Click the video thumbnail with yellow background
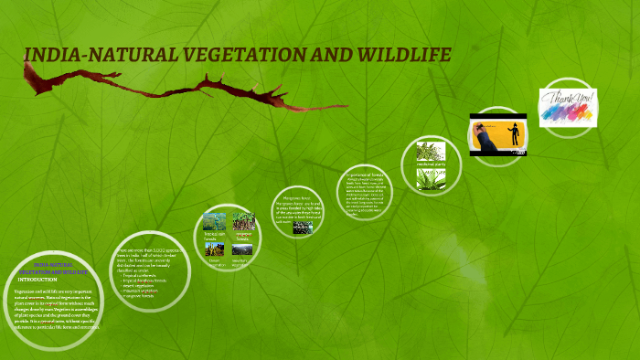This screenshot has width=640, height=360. pyautogui.click(x=499, y=136)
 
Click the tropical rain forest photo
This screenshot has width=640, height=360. pyautogui.click(x=215, y=221)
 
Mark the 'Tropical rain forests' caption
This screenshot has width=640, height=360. pyautogui.click(x=215, y=236)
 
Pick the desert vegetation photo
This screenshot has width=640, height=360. pyautogui.click(x=215, y=249)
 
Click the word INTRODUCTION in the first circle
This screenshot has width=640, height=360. pyautogui.click(x=37, y=280)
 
